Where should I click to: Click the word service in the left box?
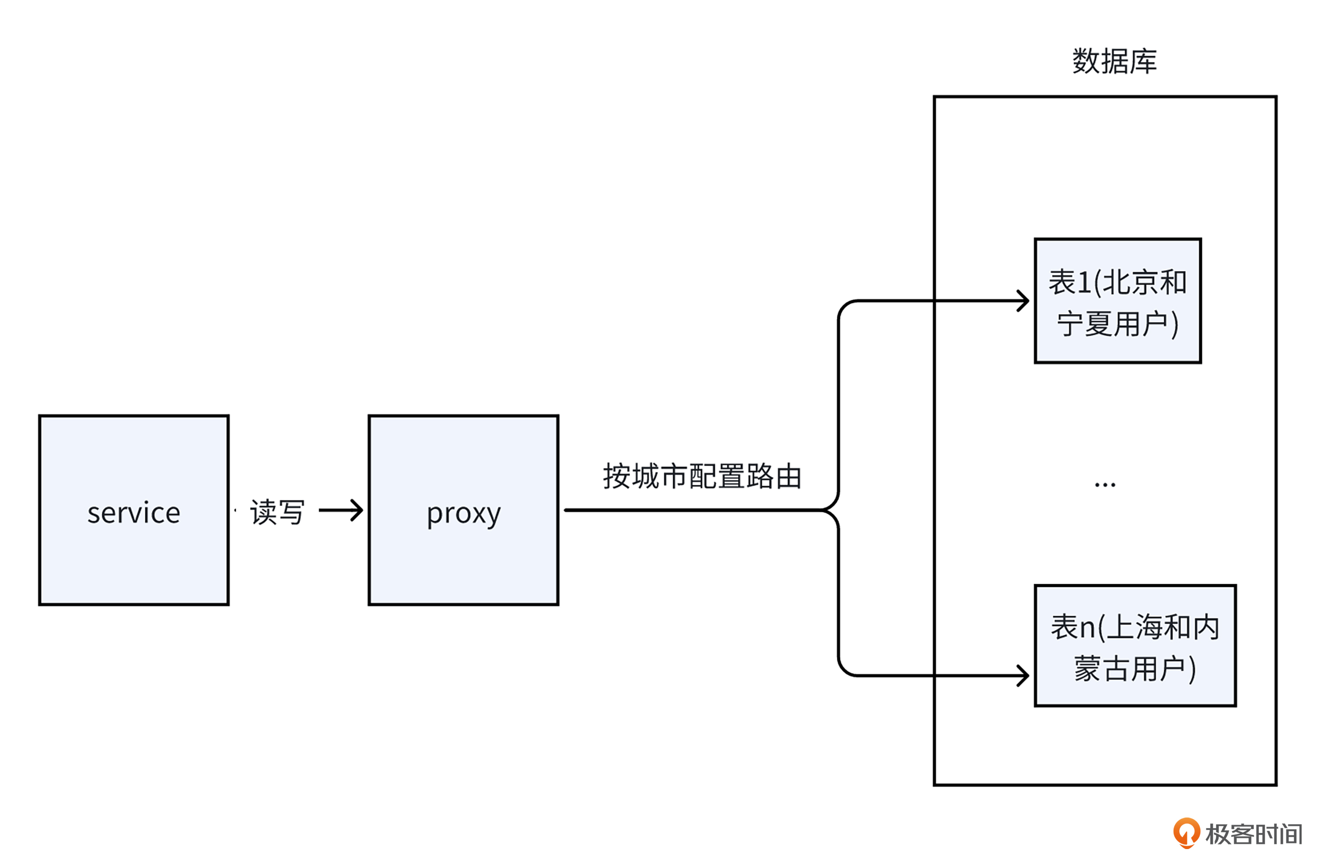pyautogui.click(x=133, y=513)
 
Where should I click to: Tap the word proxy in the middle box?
pyautogui.click(x=463, y=514)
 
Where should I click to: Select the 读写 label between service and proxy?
pyautogui.click(x=277, y=512)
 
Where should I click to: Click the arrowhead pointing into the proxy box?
pyautogui.click(x=357, y=510)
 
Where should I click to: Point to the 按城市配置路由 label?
pyautogui.click(x=702, y=476)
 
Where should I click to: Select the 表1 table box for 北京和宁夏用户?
pyautogui.click(x=1117, y=301)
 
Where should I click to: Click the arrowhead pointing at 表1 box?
pyautogui.click(x=1024, y=301)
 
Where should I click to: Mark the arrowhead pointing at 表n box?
pyautogui.click(x=1024, y=676)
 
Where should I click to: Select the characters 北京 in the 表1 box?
pyautogui.click(x=1131, y=282)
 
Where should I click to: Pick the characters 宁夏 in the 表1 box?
pyautogui.click(x=1085, y=324)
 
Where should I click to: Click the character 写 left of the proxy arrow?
pyautogui.click(x=291, y=512)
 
